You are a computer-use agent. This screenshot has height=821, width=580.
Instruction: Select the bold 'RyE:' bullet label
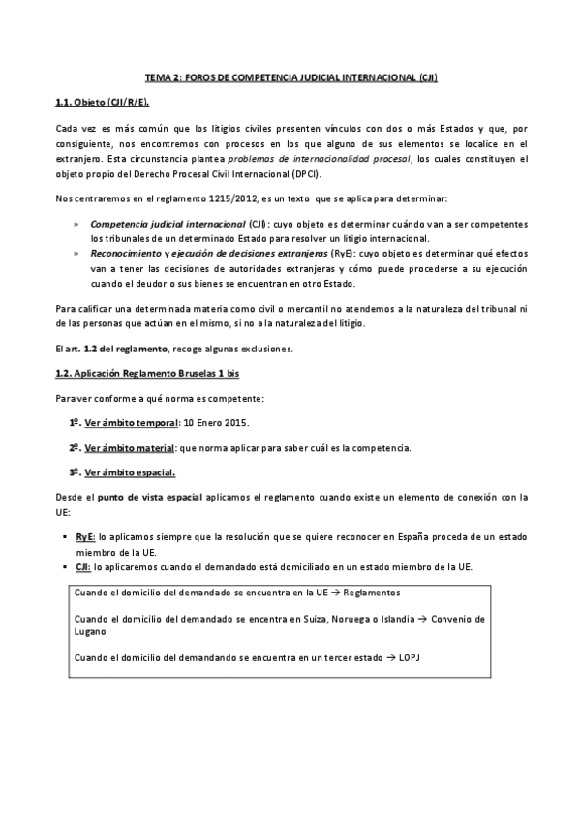pos(84,535)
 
